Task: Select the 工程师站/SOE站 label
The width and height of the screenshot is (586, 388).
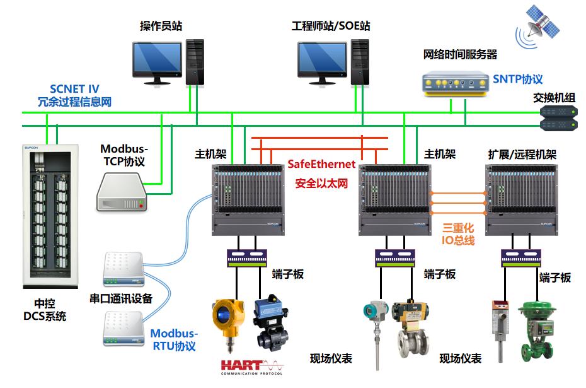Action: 331,26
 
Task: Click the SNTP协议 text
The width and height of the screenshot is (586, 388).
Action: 518,79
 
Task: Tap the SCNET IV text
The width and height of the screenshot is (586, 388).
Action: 74,89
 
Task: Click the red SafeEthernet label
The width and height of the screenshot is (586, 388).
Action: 321,164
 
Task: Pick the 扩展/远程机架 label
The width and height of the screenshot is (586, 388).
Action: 522,155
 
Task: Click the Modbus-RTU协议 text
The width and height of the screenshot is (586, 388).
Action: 174,339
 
